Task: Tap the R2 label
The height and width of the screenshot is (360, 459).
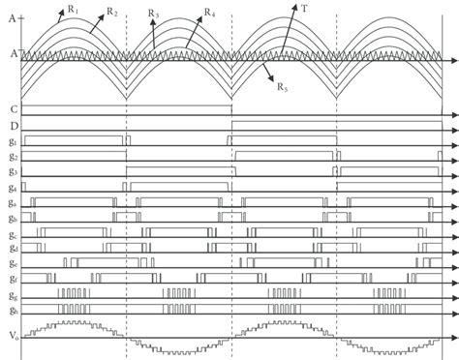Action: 112,13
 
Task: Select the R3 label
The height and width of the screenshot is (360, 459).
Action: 154,14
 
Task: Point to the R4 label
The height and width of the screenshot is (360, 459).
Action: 210,13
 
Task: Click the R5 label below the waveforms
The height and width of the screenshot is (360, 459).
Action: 282,88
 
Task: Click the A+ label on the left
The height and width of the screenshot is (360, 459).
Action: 10,15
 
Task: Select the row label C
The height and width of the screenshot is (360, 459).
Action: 9,108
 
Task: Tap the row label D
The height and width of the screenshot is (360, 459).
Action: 9,125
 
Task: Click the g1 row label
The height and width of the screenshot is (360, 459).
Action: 10,141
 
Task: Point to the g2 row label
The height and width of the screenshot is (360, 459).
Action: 10,157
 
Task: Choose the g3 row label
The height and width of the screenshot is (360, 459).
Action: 10,172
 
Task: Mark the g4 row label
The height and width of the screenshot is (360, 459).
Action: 10,188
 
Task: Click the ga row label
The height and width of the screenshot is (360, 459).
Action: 10,202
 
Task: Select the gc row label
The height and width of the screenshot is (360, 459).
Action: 10,233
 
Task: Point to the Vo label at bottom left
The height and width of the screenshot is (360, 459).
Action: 10,334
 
